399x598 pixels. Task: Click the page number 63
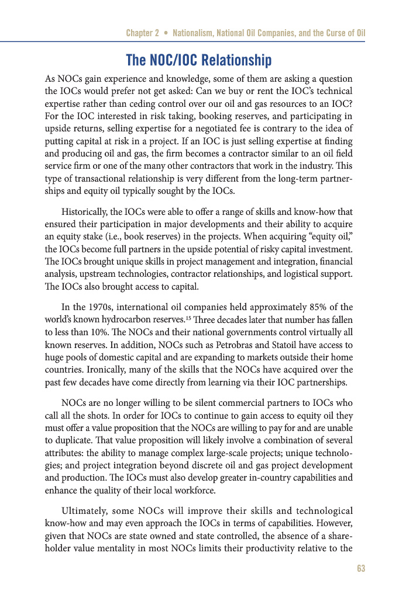[x=360, y=569]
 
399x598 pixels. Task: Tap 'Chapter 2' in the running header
[x=142, y=33]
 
